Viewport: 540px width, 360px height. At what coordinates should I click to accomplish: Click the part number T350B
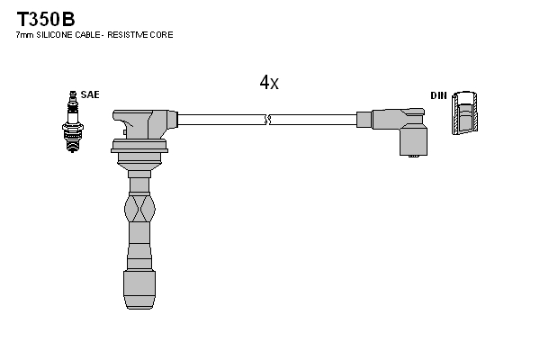tap(46, 19)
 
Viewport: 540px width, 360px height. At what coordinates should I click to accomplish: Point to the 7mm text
tap(25, 35)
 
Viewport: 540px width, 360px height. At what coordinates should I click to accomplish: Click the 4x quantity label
tap(269, 82)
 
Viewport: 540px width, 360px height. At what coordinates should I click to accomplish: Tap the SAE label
tap(90, 94)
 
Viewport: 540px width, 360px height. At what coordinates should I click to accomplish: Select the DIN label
tap(438, 95)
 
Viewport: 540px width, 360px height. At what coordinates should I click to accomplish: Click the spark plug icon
tap(72, 121)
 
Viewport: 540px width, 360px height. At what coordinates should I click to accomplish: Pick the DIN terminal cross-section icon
tap(465, 112)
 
